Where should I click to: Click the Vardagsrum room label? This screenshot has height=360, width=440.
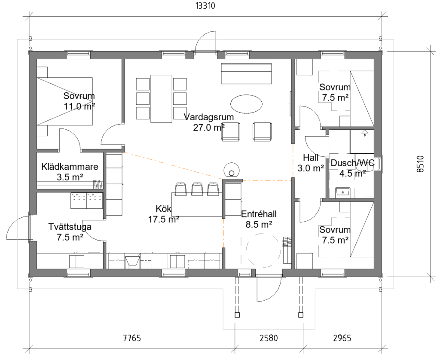point(209,117)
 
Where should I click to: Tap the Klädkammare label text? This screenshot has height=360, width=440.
point(70,167)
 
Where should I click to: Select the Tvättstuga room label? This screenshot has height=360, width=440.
point(70,227)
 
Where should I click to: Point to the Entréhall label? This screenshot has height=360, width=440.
point(259,214)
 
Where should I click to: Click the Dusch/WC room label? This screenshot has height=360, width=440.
point(352,163)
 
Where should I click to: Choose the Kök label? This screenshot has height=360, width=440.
point(163,209)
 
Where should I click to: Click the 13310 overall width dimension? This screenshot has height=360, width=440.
point(205,6)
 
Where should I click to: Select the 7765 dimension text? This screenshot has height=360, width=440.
point(132,338)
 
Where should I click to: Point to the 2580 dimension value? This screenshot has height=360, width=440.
point(269,338)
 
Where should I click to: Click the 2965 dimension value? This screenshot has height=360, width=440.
point(342,338)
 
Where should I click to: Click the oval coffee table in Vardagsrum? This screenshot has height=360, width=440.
point(246,104)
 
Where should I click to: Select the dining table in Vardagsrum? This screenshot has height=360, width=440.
point(162,99)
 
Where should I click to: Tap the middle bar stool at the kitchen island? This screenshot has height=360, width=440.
point(197,189)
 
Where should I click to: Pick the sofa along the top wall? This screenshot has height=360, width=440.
point(246,73)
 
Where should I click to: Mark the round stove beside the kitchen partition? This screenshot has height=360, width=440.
point(232,170)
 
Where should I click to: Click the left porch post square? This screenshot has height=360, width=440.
point(237,315)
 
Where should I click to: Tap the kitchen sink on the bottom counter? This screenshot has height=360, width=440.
point(132,262)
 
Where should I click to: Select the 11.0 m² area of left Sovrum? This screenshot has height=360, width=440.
point(79,107)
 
